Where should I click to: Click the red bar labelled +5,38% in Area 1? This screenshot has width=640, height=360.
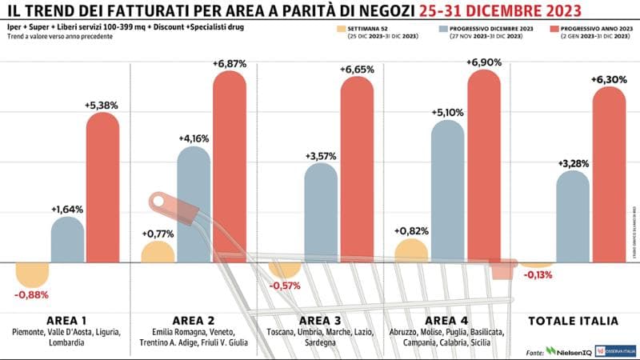point(102,188)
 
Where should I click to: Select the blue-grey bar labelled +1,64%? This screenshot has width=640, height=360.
point(67,240)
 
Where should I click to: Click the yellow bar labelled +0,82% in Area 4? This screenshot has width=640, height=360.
point(411,251)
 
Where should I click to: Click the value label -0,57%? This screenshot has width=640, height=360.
point(285,286)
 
